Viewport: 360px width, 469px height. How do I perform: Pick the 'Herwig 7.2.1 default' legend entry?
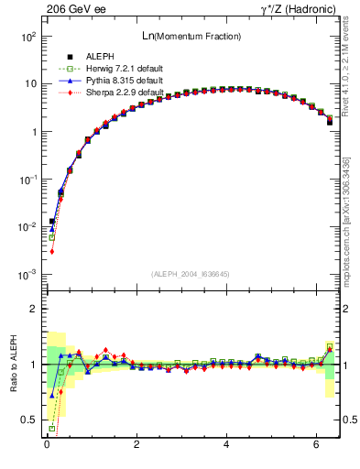click(107, 69)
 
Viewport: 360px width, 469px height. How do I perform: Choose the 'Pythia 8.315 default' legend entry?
click(107, 81)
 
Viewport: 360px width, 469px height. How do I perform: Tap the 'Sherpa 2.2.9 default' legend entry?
click(107, 93)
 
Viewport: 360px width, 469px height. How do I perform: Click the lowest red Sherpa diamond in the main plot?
click(52, 251)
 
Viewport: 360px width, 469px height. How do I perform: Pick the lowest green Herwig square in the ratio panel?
click(52, 428)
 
